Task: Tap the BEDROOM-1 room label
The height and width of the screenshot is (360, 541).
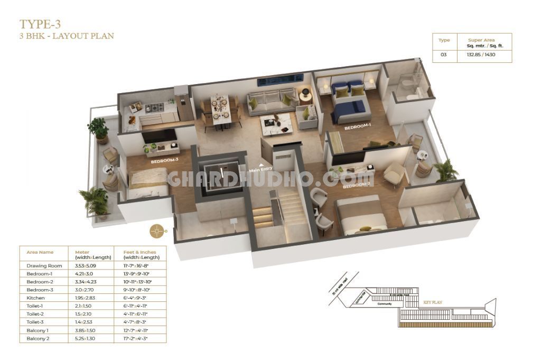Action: pos(358,128)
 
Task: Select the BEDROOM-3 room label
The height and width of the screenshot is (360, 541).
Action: pos(164,161)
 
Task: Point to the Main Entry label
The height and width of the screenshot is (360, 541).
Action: pos(261,170)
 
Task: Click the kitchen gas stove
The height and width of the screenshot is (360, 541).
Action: pos(155,108)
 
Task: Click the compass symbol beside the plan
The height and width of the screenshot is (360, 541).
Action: pos(156,230)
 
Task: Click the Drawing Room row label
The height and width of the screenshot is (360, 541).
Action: pos(44,265)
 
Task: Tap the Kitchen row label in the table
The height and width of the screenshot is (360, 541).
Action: pos(35,298)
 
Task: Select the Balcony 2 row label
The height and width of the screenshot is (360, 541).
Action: pos(38,338)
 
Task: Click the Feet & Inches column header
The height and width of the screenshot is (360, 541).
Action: pos(135,252)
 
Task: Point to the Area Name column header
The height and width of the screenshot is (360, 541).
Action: pos(40,252)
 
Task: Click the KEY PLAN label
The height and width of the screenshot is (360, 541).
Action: pos(432,302)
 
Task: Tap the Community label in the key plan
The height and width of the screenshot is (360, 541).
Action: pos(384,304)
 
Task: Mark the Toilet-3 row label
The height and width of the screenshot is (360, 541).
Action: pos(36,322)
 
